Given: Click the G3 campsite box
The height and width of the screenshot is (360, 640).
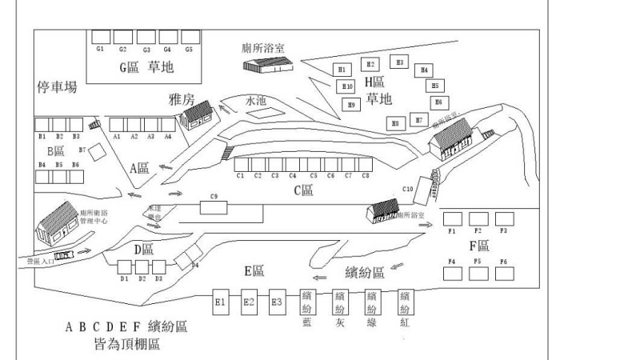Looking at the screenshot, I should pos(146,37).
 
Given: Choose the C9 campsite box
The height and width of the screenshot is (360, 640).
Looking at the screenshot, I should pos(214,207).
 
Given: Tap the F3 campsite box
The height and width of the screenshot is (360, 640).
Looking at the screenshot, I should pos(504,218).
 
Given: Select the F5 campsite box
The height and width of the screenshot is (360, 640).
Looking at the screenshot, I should pos(478,273).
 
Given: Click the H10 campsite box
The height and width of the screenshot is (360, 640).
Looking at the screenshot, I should pos(347,86).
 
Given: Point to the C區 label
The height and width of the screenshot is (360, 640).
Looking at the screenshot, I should pos(303,190).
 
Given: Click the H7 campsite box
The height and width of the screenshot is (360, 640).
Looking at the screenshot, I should pos(418,120).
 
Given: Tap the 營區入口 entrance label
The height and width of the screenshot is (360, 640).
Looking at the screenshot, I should pos(39,261).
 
